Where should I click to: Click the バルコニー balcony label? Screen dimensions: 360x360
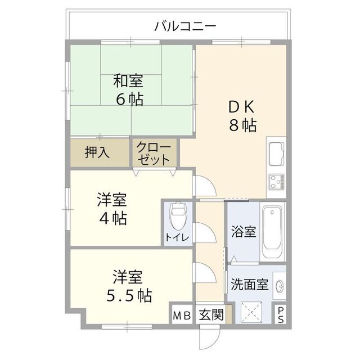coord(185,26)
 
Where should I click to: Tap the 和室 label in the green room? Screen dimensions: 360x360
coord(128,81)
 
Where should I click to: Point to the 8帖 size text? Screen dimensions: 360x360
coord(242,125)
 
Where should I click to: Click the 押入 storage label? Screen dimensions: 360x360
coord(97,152)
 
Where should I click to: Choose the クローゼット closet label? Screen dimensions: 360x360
coord(154,154)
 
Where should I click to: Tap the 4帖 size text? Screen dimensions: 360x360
coord(112,218)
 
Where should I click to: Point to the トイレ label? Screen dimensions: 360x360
coord(177,238)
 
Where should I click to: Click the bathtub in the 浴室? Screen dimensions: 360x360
coord(272,231)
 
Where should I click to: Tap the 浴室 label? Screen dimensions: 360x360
coord(244,231)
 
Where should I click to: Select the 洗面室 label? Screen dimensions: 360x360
coord(249,285)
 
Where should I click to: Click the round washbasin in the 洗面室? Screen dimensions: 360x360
coord(280,286)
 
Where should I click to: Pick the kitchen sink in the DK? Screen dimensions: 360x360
coord(276,154)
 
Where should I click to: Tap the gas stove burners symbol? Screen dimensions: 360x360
coord(276,181)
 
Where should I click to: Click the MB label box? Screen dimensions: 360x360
coord(182,316)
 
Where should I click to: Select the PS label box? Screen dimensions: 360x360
coord(281,315)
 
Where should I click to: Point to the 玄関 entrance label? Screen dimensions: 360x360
coord(211,314)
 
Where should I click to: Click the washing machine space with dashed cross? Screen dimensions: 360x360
coord(251,312)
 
